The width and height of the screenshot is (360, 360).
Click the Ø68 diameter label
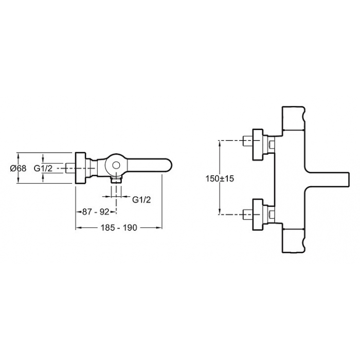click(x=18, y=168)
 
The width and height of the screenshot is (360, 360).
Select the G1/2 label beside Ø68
click(x=43, y=168)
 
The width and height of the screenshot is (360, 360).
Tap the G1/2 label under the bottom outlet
click(x=141, y=200)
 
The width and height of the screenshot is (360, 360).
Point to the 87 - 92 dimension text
click(x=96, y=212)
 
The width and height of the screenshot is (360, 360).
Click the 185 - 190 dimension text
click(x=119, y=227)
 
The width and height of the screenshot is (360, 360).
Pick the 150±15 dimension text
click(x=220, y=178)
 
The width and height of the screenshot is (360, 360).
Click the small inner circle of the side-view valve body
click(x=116, y=165)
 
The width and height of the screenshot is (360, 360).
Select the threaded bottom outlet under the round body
click(x=116, y=180)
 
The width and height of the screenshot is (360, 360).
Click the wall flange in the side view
click(x=80, y=168)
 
